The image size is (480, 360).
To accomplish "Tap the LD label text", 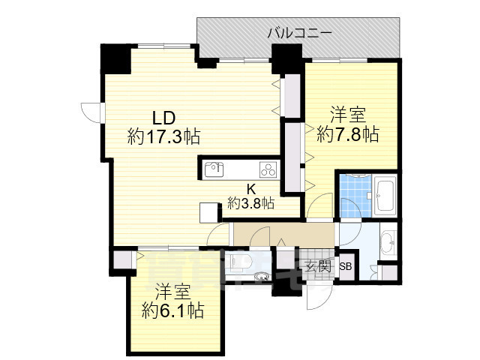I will [164, 118].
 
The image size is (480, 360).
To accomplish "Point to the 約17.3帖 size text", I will [163, 137].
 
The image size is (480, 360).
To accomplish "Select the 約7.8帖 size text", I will [347, 135].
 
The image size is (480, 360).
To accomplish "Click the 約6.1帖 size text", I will [173, 310].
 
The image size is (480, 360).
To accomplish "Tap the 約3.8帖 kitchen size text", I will [251, 202].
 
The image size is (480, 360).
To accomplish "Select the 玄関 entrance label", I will [318, 265].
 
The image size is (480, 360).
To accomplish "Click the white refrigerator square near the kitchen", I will [208, 211].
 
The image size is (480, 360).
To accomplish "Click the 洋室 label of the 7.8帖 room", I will [348, 115].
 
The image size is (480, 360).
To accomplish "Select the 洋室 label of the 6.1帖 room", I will [173, 291].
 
